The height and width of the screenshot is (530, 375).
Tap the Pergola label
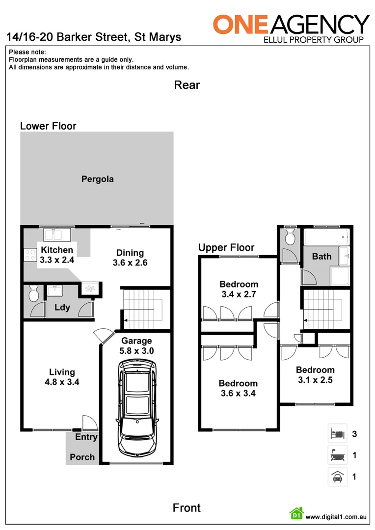[97, 179]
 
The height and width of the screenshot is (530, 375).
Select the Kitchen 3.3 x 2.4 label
[57, 255]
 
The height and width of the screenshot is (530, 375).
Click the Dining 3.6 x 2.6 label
[130, 258]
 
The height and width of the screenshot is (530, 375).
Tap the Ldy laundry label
[62, 308]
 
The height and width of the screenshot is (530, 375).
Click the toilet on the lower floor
[34, 293]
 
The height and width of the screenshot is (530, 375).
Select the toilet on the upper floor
[290, 237]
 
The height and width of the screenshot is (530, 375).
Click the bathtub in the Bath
[326, 238]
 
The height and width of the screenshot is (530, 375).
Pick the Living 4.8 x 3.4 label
[62, 377]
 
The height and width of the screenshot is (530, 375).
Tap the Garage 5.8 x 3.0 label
[136, 345]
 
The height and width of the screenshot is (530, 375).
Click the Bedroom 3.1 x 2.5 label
[315, 374]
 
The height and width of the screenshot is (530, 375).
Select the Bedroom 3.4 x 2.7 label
[239, 289]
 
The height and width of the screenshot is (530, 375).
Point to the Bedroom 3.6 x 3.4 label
[238, 388]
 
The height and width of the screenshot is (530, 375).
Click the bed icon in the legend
[337, 433]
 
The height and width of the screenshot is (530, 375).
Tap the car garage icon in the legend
[337, 477]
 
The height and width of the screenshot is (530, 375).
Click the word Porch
[82, 457]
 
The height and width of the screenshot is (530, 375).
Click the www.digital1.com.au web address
[336, 517]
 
